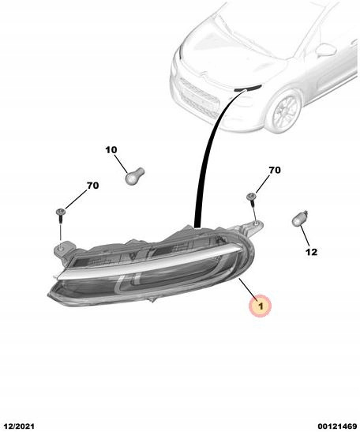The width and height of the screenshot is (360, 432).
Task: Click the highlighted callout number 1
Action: click(261, 306)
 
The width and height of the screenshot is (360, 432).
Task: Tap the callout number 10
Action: click(111, 150)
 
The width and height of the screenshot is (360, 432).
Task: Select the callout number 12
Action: click(312, 252)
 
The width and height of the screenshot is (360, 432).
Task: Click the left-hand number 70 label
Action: click(93, 186)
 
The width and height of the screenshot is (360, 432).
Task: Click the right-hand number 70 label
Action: click(275, 171)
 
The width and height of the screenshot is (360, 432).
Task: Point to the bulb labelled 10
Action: click(135, 175)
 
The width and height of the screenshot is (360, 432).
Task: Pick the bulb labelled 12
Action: click(300, 218)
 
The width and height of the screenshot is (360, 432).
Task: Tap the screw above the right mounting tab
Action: click(252, 201)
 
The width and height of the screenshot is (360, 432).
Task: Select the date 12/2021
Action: click(17, 426)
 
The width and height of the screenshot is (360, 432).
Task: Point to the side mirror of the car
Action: click(327, 50)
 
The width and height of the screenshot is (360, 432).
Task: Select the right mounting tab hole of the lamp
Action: click(256, 224)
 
